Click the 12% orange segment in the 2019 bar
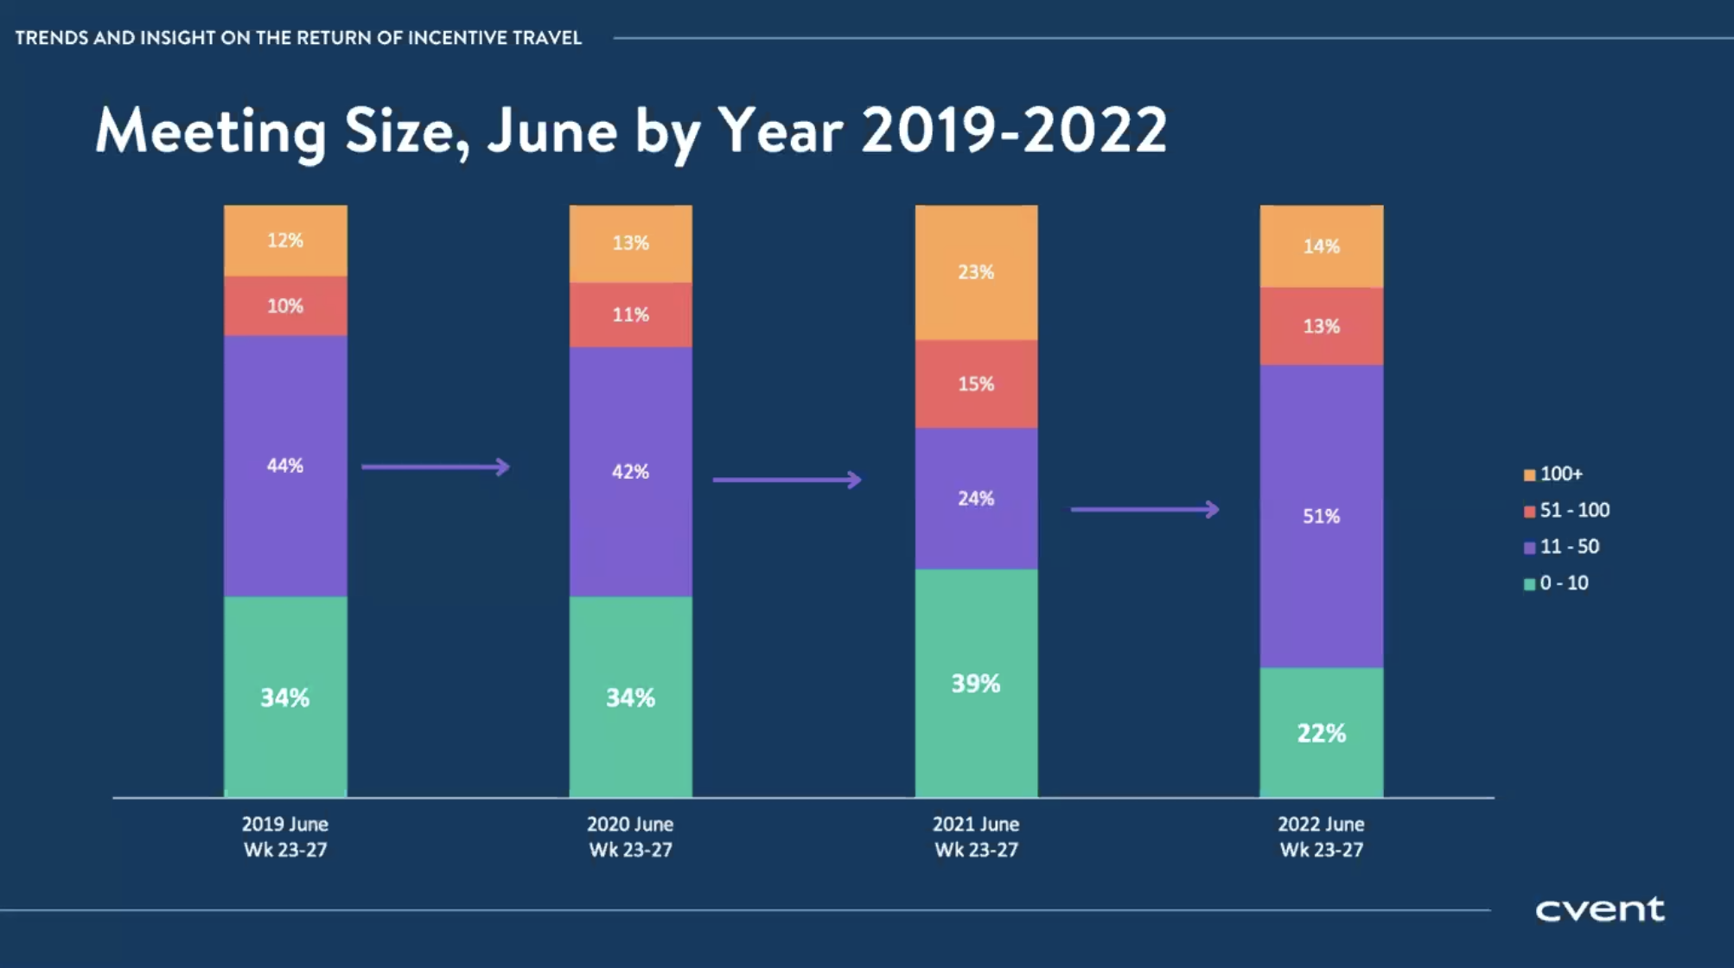[285, 241]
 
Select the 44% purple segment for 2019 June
[285, 466]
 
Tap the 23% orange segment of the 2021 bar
[976, 272]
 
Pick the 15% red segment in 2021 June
[976, 384]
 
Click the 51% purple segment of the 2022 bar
[1321, 516]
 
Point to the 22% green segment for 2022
[1321, 733]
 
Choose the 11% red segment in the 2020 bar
[630, 315]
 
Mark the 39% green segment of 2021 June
[976, 684]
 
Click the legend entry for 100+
[1553, 474]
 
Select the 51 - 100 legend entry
[1566, 511]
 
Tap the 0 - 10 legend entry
[1556, 583]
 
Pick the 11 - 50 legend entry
[1561, 547]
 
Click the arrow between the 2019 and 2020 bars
[436, 467]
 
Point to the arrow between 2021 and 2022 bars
[1145, 509]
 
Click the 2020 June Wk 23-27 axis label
[630, 837]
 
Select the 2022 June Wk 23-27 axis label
[1321, 837]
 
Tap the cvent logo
[1599, 909]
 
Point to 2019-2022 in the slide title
[1014, 131]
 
